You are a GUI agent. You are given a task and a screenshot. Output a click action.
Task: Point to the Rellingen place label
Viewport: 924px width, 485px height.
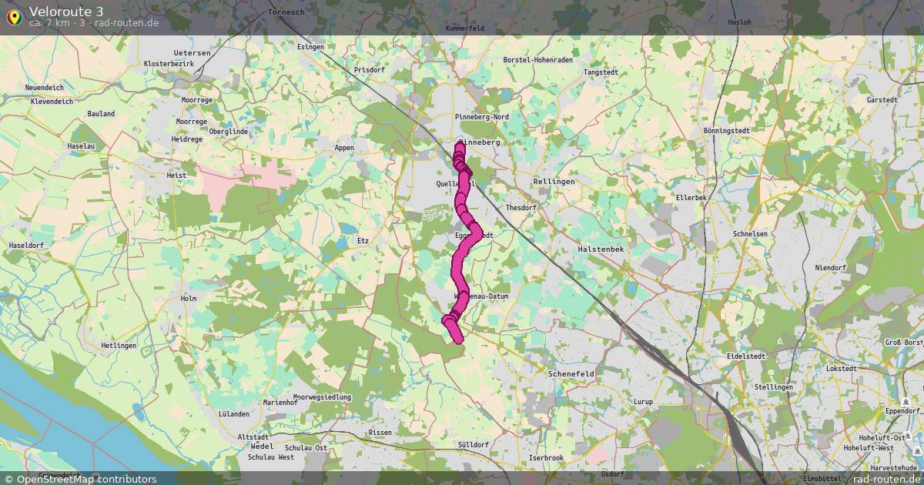point(554,182)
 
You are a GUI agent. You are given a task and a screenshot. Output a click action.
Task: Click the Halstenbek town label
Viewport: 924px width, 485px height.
point(601,249)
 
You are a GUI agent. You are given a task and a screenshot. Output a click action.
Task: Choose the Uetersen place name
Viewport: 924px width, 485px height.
point(192,52)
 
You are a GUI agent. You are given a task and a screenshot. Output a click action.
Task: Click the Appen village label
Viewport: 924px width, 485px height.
point(343,147)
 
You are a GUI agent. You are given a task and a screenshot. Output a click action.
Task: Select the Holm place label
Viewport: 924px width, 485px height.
point(188,298)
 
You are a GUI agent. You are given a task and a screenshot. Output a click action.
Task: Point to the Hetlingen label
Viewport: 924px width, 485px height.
point(119,346)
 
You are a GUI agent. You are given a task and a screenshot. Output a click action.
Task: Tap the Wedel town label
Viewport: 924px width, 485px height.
point(261,447)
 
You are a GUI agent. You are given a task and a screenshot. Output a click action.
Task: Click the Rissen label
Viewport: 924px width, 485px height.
point(380,433)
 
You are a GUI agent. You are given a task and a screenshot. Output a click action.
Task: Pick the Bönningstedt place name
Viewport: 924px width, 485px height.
point(726,131)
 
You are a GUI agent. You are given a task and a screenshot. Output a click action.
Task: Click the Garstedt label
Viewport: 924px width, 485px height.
point(882,100)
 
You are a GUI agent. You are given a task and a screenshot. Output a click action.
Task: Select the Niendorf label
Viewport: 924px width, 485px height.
point(830,268)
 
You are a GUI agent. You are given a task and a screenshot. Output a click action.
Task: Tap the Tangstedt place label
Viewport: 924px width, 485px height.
point(601,72)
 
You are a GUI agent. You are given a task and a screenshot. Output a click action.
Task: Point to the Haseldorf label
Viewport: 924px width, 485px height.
point(25,245)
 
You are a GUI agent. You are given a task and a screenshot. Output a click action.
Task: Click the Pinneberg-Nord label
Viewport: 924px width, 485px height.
point(481,116)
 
